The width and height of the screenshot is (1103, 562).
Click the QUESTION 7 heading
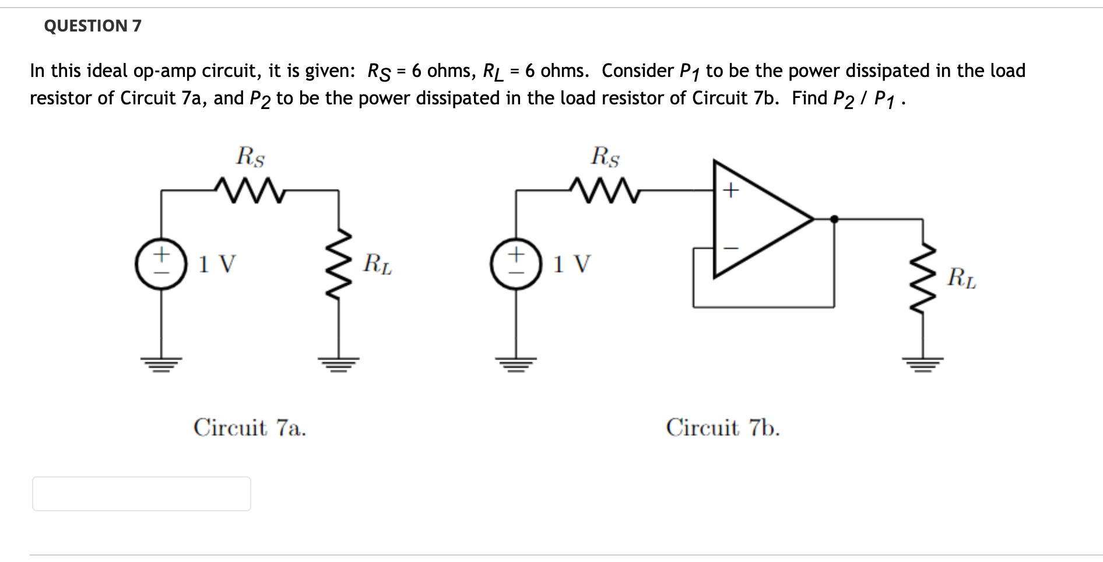(x=93, y=26)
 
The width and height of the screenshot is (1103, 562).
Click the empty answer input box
(x=141, y=494)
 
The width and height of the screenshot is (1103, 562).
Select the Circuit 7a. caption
(x=250, y=428)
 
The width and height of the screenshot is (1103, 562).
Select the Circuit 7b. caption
(x=722, y=428)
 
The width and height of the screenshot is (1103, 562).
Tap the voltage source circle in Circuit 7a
(x=161, y=264)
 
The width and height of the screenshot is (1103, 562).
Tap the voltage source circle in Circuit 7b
(x=515, y=264)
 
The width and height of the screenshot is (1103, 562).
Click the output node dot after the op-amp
(x=834, y=219)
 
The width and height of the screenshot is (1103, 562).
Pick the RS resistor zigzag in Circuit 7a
(x=249, y=190)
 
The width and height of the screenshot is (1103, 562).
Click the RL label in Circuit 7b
(x=961, y=278)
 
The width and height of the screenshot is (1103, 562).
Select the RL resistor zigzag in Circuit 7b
(x=923, y=278)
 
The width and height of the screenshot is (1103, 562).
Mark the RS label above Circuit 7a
(x=250, y=156)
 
